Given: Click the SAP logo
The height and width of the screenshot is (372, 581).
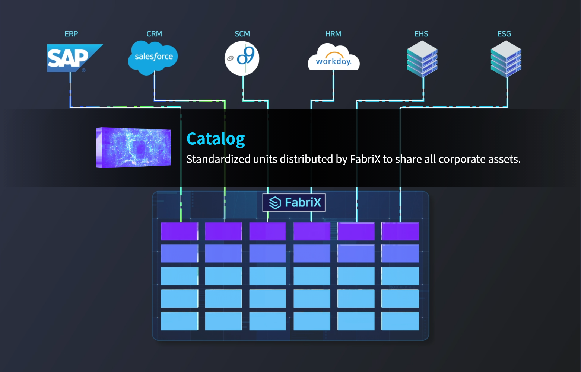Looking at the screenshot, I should pos(71,58).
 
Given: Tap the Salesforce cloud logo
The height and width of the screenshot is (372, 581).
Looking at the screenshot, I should pos(153,57).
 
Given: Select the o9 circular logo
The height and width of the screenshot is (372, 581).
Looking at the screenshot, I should pos(242,58).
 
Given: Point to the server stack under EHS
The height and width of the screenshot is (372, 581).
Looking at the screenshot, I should pos(422,59).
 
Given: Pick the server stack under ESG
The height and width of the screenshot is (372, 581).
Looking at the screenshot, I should pos(506,59).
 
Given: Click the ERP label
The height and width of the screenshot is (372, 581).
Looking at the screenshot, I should pos(71,34).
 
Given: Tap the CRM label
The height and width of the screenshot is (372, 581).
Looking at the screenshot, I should pos(154,34).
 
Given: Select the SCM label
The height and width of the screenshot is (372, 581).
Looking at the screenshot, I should pos(242,34).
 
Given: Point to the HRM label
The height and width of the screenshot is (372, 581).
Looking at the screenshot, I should pos(333,34).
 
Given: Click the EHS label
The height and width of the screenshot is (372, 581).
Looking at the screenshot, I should pos(421,34).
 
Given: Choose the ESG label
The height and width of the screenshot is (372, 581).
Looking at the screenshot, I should pos(504,34).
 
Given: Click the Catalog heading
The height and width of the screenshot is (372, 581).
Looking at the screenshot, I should pos(216,139).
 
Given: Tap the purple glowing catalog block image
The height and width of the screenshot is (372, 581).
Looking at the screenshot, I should pos(134,147).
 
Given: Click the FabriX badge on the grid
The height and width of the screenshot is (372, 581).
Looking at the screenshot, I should pos(294,202).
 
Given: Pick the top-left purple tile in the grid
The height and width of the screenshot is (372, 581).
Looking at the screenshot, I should pos(179,231).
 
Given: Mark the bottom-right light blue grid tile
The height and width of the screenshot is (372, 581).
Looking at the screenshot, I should pos(400,321).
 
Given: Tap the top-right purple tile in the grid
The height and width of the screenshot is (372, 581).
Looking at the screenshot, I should pos(400,231).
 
